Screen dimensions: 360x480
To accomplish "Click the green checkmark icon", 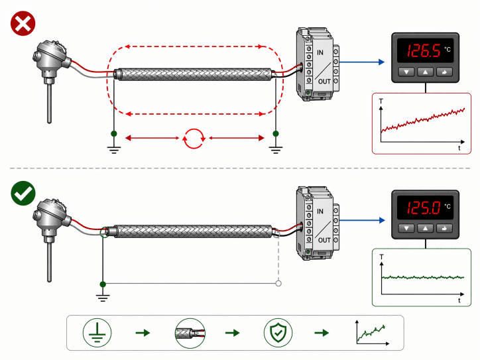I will point(23,194).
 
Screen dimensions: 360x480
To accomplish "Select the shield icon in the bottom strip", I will point(277,332).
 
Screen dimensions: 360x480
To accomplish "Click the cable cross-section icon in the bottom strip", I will point(188,332).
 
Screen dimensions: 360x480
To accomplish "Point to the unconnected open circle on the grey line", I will point(278,284).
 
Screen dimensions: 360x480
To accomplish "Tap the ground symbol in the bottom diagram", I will point(102,292).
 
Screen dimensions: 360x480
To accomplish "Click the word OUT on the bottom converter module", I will point(324,239).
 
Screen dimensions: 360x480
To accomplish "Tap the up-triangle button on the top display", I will point(425,72).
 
